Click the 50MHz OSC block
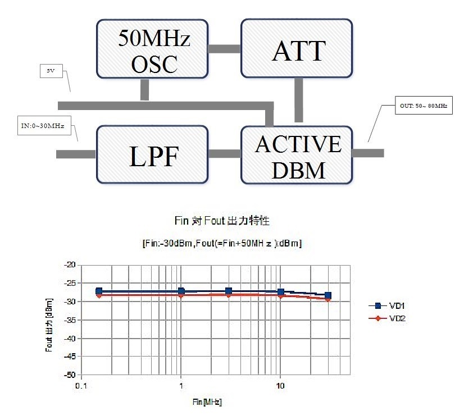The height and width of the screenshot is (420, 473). (152, 49)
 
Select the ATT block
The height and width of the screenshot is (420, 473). (297, 48)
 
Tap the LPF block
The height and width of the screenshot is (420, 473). (152, 154)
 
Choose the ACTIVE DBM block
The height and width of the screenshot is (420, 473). (297, 155)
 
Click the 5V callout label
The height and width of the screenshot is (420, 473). (51, 71)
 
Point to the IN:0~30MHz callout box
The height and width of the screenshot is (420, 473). (44, 125)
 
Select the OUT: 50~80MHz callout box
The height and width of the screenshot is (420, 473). (424, 106)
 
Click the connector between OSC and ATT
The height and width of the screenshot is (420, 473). (225, 48)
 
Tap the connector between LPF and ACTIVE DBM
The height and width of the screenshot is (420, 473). (225, 153)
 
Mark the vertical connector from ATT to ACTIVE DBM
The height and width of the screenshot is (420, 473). (298, 100)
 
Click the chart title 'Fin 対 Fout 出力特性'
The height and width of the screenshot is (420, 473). (222, 221)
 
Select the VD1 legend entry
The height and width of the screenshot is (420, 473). (387, 305)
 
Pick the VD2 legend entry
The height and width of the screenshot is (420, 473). (387, 318)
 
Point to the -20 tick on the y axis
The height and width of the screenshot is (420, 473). (70, 264)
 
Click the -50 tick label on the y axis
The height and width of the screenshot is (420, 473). (70, 375)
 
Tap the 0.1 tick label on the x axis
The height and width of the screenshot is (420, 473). (81, 386)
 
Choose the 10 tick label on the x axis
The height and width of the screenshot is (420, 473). (280, 386)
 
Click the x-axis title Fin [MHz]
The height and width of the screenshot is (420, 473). (207, 402)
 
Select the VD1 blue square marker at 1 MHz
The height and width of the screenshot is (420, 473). (181, 291)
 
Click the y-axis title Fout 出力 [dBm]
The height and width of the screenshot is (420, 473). (49, 325)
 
